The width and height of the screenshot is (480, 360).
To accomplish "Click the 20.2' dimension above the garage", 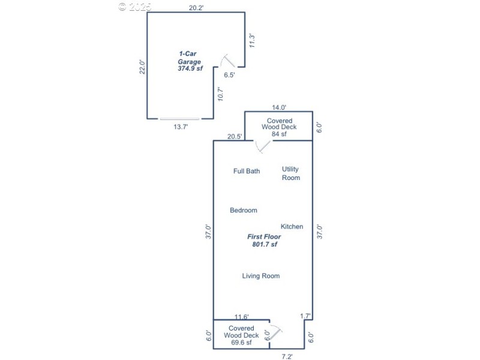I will pos(196,7).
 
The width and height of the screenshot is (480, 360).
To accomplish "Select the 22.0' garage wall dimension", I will pos(142,66).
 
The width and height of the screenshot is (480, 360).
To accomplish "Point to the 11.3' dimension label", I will pos(253,40).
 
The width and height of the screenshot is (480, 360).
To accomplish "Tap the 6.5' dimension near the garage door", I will pos(229,76).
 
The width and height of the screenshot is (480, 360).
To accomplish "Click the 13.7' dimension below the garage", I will pos(181,127).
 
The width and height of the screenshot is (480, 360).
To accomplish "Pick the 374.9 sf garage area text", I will pos(190,68).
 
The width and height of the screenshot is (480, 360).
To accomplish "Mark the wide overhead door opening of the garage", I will pos(179,119).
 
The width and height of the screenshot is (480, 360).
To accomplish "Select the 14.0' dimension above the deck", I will pos(278,107).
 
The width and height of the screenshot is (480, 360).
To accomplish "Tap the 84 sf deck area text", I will pos(279,134).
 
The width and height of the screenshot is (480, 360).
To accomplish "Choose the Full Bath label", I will pos(247,171).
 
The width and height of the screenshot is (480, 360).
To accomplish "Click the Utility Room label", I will pos(291,173).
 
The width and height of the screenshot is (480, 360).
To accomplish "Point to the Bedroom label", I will pos(244,210).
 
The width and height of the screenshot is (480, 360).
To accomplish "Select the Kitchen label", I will pos(292,227).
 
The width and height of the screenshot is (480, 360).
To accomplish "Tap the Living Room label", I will pos(261,276).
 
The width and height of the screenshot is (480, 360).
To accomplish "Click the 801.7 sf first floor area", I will pos(264,244).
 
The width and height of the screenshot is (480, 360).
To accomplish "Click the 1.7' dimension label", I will pos(305,316).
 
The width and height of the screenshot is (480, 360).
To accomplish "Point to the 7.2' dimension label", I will pos(287,356).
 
